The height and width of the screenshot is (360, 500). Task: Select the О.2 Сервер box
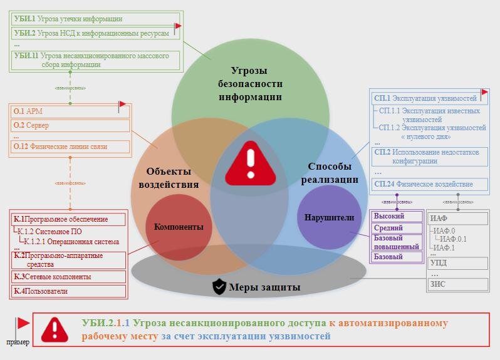click(69, 125)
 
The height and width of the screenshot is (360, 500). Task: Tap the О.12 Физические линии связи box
click(69, 147)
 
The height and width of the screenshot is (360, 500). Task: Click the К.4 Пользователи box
click(68, 291)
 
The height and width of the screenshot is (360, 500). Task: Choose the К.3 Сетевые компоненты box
click(68, 276)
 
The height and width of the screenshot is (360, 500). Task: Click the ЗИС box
click(457, 284)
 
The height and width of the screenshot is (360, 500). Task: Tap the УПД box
click(457, 263)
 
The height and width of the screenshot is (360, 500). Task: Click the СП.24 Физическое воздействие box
click(430, 184)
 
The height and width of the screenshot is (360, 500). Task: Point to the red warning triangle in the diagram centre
click(250, 161)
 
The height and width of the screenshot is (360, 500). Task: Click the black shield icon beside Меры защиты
click(219, 287)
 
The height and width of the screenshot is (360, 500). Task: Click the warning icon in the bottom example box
click(55, 329)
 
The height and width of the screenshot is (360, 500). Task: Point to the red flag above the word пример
click(23, 324)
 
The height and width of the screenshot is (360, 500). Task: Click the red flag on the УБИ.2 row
click(178, 27)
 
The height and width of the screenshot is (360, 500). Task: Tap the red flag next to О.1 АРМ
click(122, 105)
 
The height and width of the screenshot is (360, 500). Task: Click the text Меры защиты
click(264, 288)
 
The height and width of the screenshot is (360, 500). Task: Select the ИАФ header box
click(457, 219)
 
